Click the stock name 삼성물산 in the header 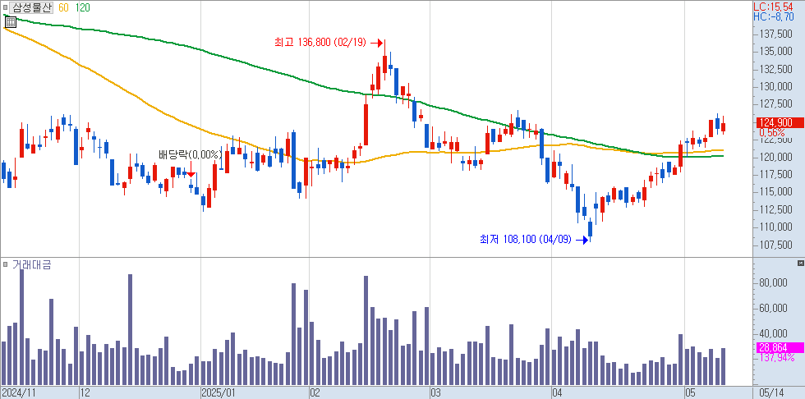[x=31, y=7]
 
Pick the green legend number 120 [x=82, y=7]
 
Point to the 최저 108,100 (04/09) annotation [x=526, y=240]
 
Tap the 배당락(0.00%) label [x=189, y=154]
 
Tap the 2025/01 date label [x=218, y=392]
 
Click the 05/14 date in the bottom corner [x=776, y=392]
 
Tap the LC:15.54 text [x=778, y=7]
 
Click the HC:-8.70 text [x=778, y=16]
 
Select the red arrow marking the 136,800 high [x=378, y=43]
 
